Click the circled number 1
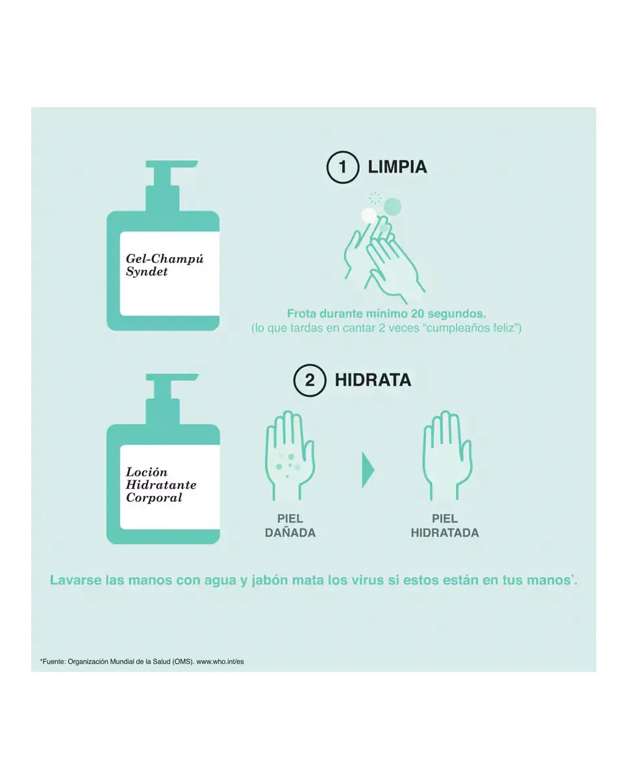pyautogui.click(x=343, y=167)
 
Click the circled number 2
pyautogui.click(x=310, y=380)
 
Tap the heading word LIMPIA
pyautogui.click(x=397, y=167)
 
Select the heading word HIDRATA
pyautogui.click(x=373, y=380)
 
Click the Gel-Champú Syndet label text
pyautogui.click(x=164, y=265)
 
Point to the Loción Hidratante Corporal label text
pyautogui.click(x=161, y=485)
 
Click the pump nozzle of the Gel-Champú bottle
pyautogui.click(x=171, y=164)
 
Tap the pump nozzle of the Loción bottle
pyautogui.click(x=171, y=377)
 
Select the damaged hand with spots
pyautogui.click(x=290, y=455)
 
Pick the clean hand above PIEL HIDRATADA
pyautogui.click(x=447, y=455)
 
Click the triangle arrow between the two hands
pyautogui.click(x=368, y=470)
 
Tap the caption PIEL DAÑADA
pyautogui.click(x=290, y=526)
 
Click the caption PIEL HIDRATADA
pyautogui.click(x=445, y=526)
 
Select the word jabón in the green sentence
pyautogui.click(x=270, y=580)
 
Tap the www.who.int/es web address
pyautogui.click(x=220, y=662)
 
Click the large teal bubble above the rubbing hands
pyautogui.click(x=392, y=206)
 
